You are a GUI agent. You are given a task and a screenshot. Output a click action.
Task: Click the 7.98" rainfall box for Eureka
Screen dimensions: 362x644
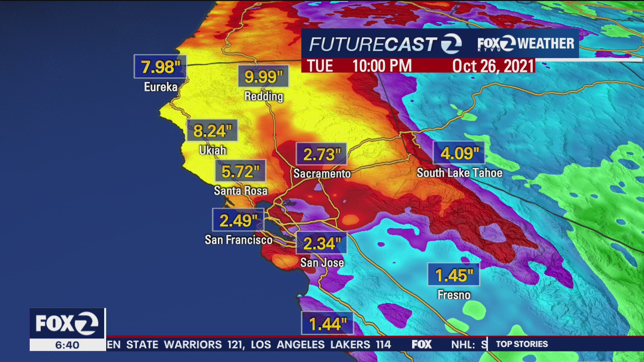point(160,66)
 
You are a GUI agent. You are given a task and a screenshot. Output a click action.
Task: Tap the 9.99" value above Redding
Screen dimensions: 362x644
point(263,76)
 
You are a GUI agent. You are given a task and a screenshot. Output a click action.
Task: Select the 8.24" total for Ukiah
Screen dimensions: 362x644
point(212,131)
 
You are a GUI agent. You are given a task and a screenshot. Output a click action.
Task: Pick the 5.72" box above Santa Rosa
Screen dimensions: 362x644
point(240,171)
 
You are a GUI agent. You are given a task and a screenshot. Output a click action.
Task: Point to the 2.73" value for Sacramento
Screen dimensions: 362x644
point(321,154)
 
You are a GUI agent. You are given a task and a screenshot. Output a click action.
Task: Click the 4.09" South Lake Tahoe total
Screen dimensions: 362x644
point(459,153)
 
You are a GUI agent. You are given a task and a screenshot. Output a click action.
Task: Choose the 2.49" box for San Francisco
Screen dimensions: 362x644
point(238,220)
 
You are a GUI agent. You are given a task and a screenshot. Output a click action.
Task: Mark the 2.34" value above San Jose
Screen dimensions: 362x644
point(321,243)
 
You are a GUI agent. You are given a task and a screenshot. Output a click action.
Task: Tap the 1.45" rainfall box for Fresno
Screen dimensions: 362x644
point(453,275)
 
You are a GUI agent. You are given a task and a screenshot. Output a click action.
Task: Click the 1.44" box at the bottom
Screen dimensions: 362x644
point(327,323)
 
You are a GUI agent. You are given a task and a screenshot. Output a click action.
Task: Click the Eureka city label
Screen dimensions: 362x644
point(160,87)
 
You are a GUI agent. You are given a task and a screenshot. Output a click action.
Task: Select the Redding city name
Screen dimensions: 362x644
point(264,96)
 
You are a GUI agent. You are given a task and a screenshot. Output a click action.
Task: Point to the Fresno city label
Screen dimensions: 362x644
point(454,295)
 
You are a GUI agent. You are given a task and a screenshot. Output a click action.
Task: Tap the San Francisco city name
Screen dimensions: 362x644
point(238,240)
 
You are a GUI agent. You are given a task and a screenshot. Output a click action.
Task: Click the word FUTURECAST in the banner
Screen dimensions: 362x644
point(372,44)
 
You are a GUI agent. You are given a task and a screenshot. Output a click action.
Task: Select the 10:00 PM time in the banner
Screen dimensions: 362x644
point(382,66)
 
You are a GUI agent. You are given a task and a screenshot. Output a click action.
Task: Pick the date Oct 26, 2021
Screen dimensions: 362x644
point(493,66)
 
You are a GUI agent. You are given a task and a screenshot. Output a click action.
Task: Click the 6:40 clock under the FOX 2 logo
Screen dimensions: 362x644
point(67,345)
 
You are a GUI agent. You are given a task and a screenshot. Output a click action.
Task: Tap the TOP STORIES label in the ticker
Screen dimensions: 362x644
point(522,344)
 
